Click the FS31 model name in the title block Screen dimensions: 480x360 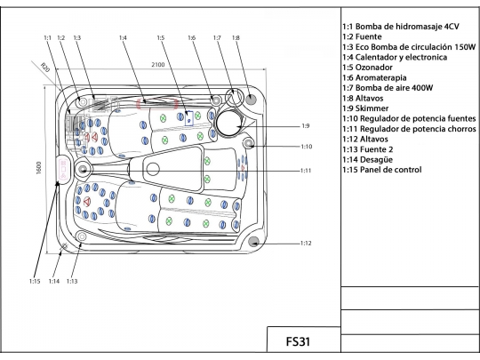point(298,341)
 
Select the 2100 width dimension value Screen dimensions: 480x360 point(158,65)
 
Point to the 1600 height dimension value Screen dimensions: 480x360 point(39,168)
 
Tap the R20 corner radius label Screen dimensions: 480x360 point(45,67)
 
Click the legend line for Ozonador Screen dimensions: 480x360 point(367,68)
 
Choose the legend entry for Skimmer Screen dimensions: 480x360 point(365,108)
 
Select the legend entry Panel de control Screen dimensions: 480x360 point(381,170)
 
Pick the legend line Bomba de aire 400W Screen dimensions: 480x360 point(388,88)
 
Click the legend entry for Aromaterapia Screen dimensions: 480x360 point(374,77)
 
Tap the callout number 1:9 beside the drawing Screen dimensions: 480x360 point(306,126)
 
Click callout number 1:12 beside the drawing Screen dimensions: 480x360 point(306,244)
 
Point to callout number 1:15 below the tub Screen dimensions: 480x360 point(35,281)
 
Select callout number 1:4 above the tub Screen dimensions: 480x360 point(123,38)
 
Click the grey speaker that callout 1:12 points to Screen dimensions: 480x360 point(253,242)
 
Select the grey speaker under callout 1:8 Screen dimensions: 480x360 point(251,99)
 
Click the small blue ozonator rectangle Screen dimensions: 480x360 point(189,118)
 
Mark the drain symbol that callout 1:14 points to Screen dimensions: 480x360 point(64,246)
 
